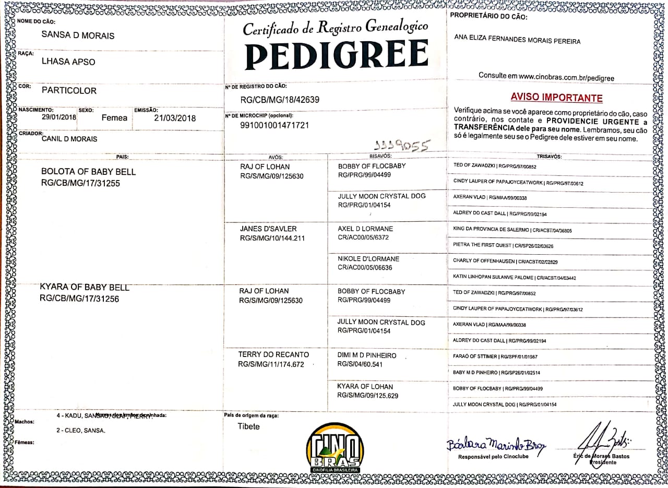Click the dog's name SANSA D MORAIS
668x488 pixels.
coord(78,35)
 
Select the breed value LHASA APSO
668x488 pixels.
coord(68,62)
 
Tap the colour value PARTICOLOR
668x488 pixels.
coord(69,90)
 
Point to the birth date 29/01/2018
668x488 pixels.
coord(59,117)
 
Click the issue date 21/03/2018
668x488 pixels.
coord(175,118)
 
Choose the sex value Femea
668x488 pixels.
coord(114,118)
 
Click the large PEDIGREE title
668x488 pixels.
coord(337,55)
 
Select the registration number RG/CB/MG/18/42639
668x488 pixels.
coord(280,99)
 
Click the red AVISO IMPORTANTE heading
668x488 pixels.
coord(556,98)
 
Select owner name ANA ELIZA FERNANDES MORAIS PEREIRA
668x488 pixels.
coord(517,41)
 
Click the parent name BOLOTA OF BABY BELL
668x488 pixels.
coord(88,172)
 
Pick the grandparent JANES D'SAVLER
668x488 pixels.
coord(268,229)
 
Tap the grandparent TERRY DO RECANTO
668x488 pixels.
coord(273,354)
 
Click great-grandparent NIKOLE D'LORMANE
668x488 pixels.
coord(368,259)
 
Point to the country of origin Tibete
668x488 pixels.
coord(248,426)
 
